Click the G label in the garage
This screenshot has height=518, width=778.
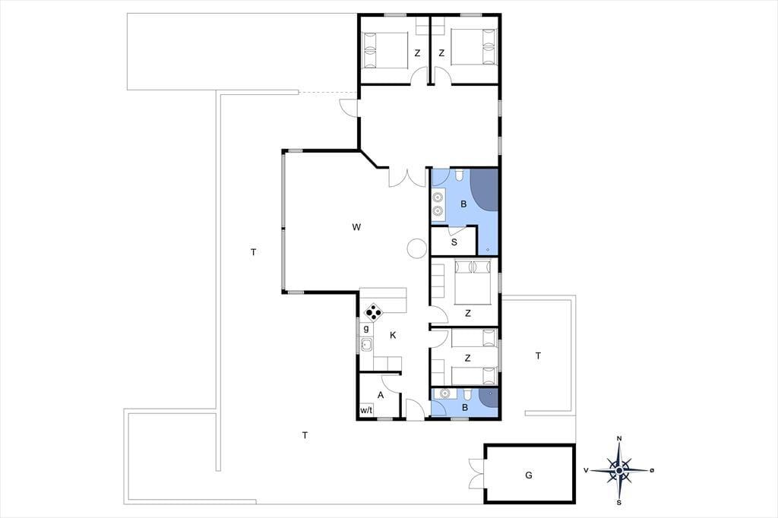point(529,475)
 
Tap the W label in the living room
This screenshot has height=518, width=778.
point(356,227)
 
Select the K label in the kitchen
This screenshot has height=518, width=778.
point(393,336)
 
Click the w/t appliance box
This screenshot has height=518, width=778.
point(366,410)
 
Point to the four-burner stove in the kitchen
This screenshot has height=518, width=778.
point(373,313)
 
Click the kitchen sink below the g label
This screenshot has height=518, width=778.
point(366,344)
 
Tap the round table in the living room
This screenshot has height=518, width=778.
point(417,248)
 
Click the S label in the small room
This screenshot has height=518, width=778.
point(454,242)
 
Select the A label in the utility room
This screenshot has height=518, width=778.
point(381,396)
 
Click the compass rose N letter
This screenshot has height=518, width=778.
point(619,438)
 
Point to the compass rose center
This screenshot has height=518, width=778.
point(619,470)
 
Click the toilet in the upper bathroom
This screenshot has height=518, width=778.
point(460,175)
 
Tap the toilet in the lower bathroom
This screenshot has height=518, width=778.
point(467,394)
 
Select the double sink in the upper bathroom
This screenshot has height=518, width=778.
point(438,204)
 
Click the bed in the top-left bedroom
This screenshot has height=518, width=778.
point(385,51)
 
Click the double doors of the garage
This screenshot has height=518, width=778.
point(476,473)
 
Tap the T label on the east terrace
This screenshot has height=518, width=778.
point(539,355)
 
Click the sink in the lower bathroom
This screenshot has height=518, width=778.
point(444,393)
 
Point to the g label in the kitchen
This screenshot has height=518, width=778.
point(366,328)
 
